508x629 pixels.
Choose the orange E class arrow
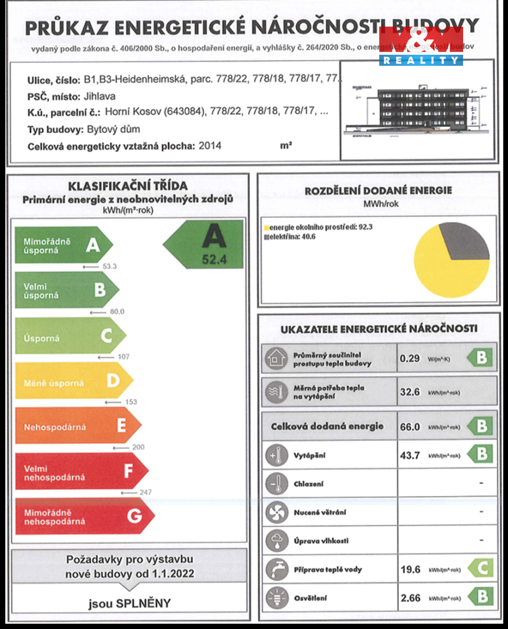76,427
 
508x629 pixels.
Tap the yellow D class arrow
73,383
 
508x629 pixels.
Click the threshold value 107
124,356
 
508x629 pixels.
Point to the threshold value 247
146,492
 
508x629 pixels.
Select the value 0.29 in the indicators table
410,358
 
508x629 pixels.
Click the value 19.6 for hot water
410,569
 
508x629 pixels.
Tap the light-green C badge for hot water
481,568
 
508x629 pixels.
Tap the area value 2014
210,146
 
